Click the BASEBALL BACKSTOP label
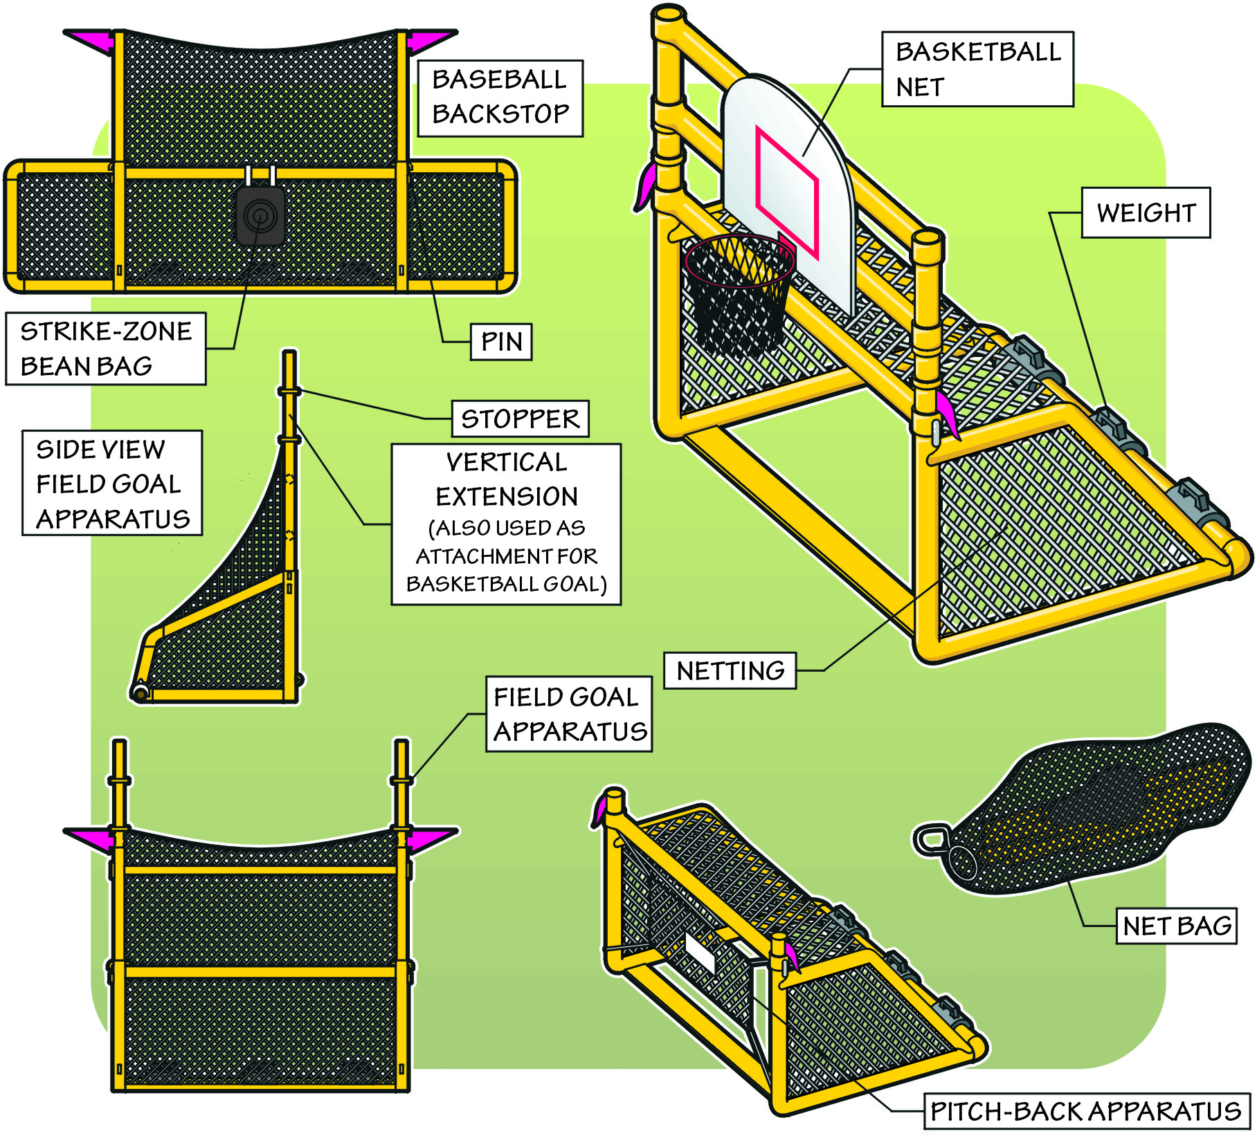click(x=500, y=98)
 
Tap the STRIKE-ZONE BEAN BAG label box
click(x=105, y=348)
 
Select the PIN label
click(x=501, y=342)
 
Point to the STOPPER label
click(x=520, y=419)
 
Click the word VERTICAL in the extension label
click(x=506, y=462)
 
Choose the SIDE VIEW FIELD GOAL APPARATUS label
click(x=111, y=483)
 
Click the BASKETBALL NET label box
click(x=977, y=69)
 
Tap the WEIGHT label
click(x=1146, y=212)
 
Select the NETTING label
click(x=730, y=670)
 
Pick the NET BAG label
click(x=1176, y=926)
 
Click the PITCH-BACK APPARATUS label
click(x=1085, y=1111)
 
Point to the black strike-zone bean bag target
click(x=260, y=216)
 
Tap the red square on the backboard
click(x=787, y=192)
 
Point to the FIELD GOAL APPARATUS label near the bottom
click(x=569, y=714)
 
